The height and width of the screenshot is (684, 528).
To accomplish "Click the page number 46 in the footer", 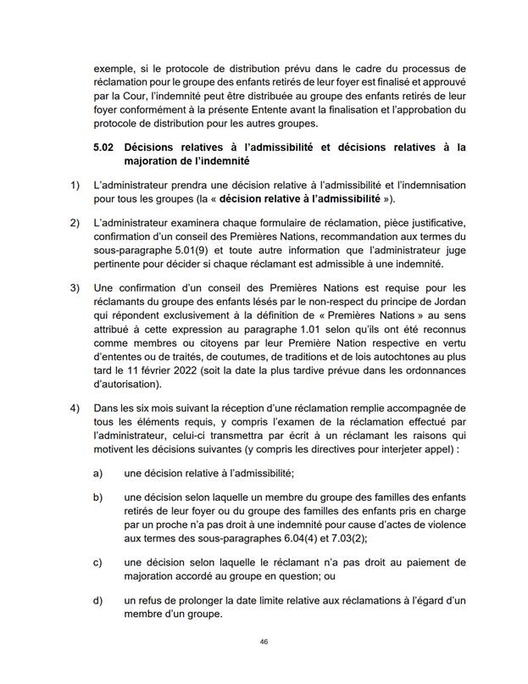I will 264,643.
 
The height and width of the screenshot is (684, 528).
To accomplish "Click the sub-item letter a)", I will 98,473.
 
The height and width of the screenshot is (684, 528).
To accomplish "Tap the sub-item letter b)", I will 98,496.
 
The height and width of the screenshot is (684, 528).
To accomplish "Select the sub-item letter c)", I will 98,561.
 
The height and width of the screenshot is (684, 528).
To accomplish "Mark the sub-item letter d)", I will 98,600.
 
